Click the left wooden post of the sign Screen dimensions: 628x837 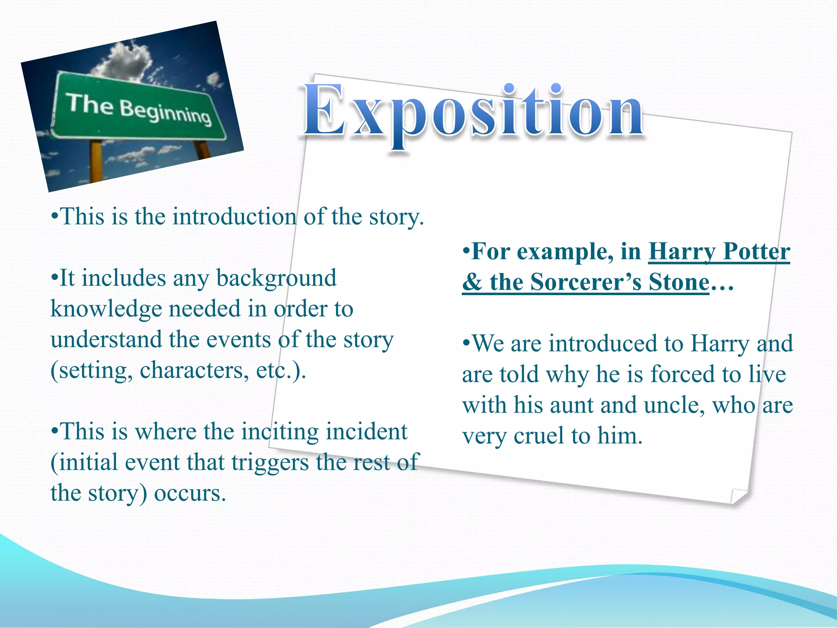tap(96, 161)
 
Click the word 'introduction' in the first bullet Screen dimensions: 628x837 tap(234, 216)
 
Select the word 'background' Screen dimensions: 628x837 tap(276, 278)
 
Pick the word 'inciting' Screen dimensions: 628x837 tap(280, 432)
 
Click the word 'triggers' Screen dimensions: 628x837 tap(270, 462)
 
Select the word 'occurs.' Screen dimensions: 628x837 tap(190, 493)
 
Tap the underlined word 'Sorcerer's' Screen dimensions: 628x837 tap(586, 282)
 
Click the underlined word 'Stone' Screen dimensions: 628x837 tap(679, 282)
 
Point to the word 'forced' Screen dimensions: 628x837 tap(684, 374)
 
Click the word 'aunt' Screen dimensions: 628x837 tap(572, 405)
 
